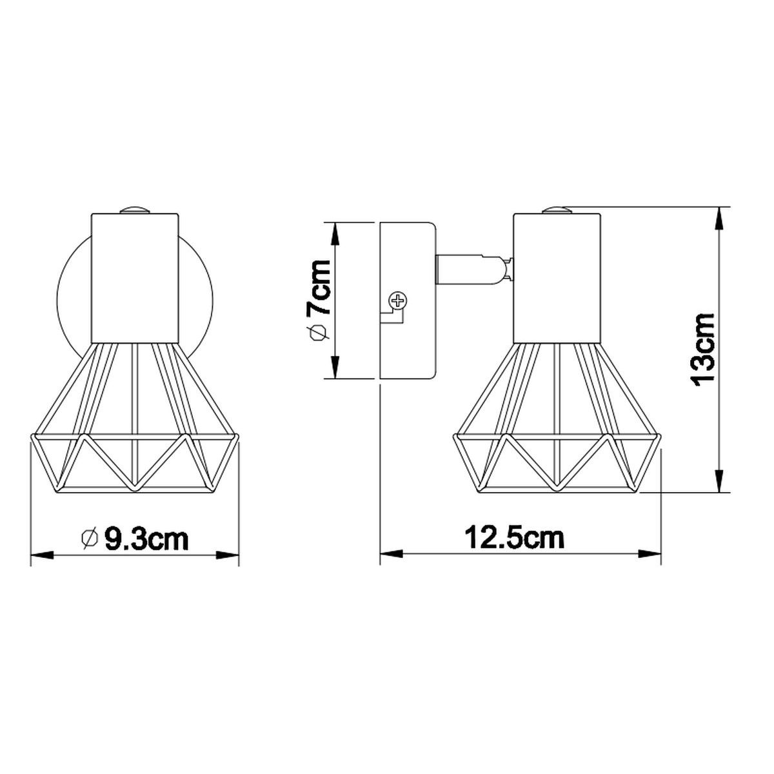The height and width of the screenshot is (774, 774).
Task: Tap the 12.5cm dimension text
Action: pos(515,538)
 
